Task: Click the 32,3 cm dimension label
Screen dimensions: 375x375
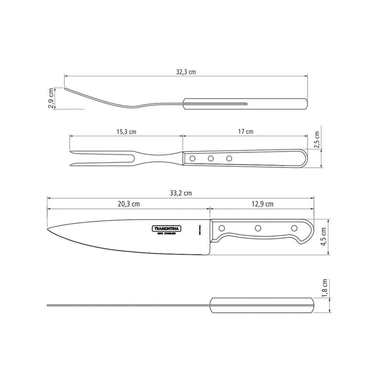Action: point(185,70)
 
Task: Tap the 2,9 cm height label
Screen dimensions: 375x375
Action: point(51,99)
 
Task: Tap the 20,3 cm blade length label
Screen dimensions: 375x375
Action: point(129,204)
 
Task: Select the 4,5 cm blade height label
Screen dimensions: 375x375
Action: point(324,236)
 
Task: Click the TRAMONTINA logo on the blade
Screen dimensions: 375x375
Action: point(167,228)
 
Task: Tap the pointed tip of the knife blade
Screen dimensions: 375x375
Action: point(49,230)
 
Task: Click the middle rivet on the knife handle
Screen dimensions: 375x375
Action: point(258,229)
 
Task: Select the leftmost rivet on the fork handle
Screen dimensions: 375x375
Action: point(192,158)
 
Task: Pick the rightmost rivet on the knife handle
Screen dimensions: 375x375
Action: point(293,229)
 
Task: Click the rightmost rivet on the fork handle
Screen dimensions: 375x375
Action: point(229,158)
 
